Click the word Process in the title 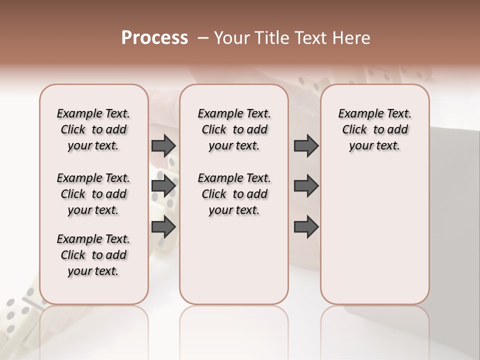pyautogui.click(x=154, y=38)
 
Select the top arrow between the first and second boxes pyautogui.click(x=163, y=146)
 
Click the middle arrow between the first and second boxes pyautogui.click(x=163, y=186)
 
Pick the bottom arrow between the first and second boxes pyautogui.click(x=163, y=227)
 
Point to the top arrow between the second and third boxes pyautogui.click(x=306, y=146)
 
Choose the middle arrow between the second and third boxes pyautogui.click(x=306, y=186)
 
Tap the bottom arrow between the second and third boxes pyautogui.click(x=306, y=227)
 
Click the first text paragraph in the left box pyautogui.click(x=93, y=129)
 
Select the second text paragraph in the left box pyautogui.click(x=93, y=194)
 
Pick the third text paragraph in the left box pyautogui.click(x=93, y=255)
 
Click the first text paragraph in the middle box pyautogui.click(x=234, y=129)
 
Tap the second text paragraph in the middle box pyautogui.click(x=234, y=194)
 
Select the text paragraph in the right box pyautogui.click(x=375, y=129)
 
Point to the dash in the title pyautogui.click(x=202, y=38)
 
